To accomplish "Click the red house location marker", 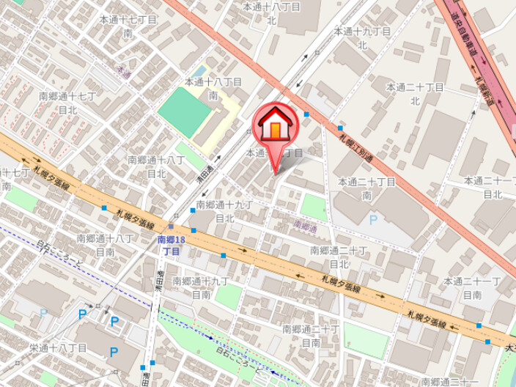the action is coord(274,126).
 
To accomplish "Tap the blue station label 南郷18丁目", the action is coord(171,246).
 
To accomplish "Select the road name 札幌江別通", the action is coord(355,145).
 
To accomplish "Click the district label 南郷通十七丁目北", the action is coord(67,103).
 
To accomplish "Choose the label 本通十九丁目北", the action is coord(361,38).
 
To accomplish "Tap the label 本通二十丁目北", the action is coord(414,94).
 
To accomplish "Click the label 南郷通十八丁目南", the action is coord(105,245).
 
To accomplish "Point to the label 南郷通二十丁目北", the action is coord(338,257).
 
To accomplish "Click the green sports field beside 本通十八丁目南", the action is coord(183,113).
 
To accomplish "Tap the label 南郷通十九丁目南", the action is coord(201,287).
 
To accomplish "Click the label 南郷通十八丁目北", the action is coord(156,166).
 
